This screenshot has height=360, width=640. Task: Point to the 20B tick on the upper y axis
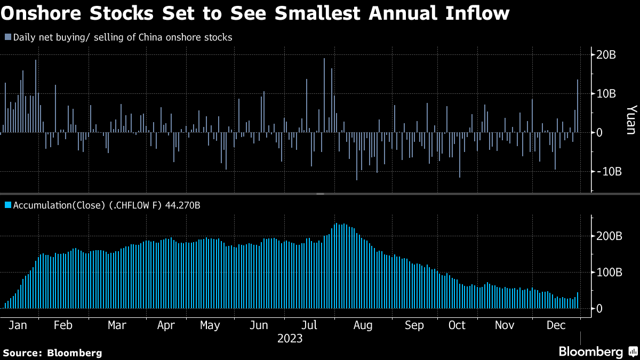coord(605,55)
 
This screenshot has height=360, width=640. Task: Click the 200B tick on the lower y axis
coord(608,236)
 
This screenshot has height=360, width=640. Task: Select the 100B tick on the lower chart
coord(608,272)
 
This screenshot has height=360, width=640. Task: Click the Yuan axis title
coord(630,119)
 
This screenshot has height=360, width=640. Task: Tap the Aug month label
coord(363,325)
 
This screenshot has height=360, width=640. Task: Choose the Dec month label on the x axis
coord(557,325)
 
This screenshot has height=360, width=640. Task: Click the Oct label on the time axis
coord(457,325)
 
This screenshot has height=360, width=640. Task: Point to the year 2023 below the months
coord(290,339)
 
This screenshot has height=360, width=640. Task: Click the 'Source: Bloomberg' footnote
coord(52,353)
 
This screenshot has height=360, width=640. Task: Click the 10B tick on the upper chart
coord(605,94)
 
